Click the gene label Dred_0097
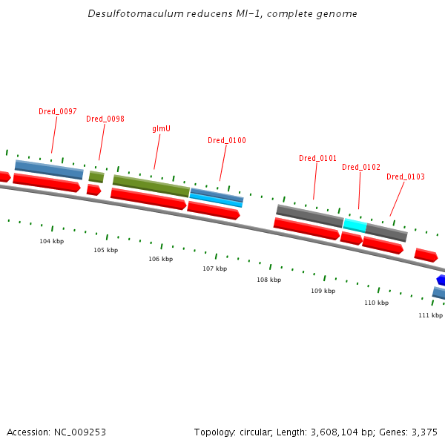(58, 111)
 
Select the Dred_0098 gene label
(105, 119)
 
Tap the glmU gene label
(162, 128)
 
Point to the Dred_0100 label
(227, 140)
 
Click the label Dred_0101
(318, 158)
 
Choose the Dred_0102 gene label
(361, 167)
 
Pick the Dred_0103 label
(406, 177)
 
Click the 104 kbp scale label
(52, 241)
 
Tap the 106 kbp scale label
(160, 259)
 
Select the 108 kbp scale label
(269, 280)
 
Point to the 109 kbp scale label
(323, 291)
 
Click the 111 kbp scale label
(430, 315)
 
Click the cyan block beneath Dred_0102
(355, 225)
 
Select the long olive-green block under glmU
(151, 185)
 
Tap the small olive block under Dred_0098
(96, 177)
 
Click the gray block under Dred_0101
(309, 216)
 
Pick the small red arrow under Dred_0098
(93, 190)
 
